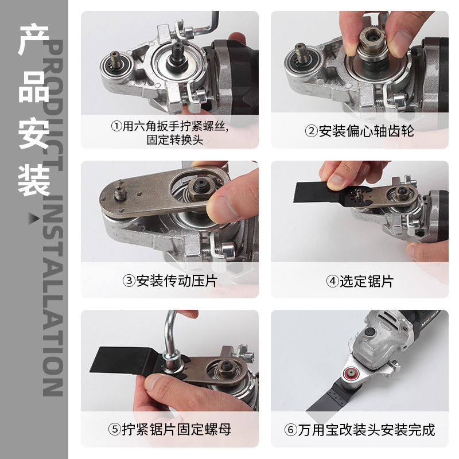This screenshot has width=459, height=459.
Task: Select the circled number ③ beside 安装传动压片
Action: (128, 281)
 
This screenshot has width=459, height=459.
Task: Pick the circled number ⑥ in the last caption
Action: (290, 429)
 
